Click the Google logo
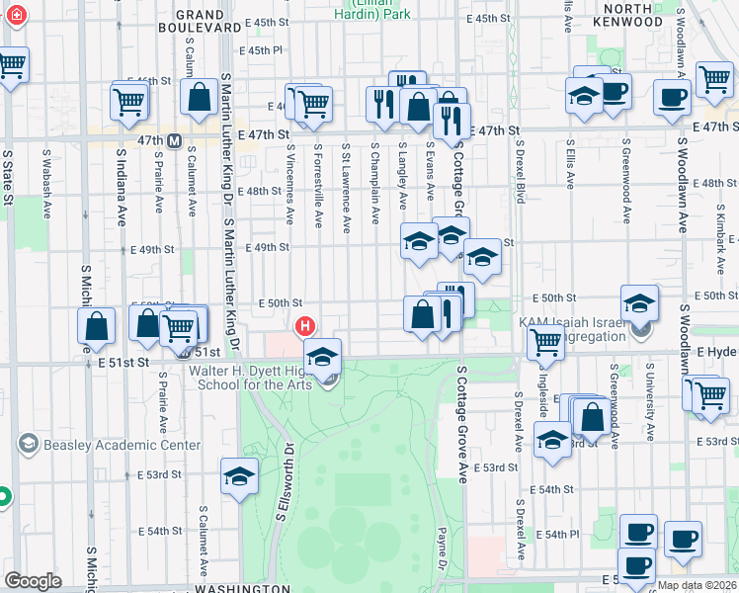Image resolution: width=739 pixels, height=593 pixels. pos(33,581)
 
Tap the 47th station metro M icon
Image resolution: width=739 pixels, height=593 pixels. pos(174,141)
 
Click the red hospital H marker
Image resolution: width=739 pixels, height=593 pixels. pos(306,325)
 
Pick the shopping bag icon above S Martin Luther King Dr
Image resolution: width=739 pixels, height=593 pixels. pos(200,97)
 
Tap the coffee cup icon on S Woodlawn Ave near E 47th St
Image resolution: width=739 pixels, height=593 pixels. pos(673,98)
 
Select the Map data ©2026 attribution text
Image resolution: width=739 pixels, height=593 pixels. pos(698,585)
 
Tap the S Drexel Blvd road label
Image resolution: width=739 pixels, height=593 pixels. pos(519,178)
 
